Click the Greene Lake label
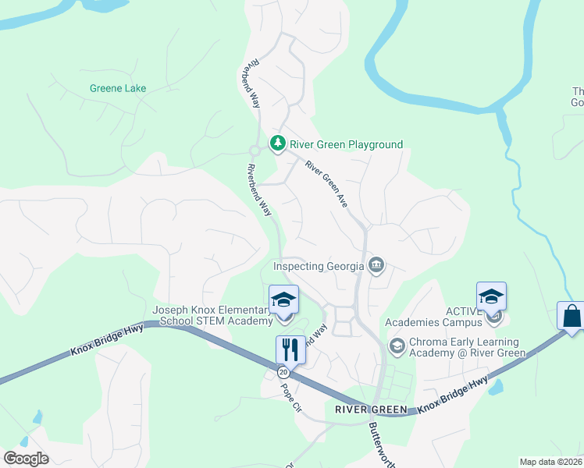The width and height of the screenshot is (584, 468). pos(118,88)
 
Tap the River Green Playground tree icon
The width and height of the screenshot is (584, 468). pos(277,144)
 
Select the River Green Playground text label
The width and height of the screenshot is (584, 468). pos(346,144)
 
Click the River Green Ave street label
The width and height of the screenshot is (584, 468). pos(326,184)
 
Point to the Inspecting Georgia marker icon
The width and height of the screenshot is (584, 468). pos(376,265)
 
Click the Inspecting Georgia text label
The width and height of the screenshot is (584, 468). pos(319,266)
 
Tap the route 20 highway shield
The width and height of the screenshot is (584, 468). pos(283,374)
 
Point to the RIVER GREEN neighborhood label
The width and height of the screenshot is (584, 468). pos(371,409)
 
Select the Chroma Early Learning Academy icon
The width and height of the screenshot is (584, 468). pos(397,345)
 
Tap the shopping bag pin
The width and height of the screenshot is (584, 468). pos(571,317)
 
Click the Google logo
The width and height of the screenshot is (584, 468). pos(27,459)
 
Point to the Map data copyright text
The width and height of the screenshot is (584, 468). pos(551,462)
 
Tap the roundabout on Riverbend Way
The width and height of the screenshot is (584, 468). pos(254,151)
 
